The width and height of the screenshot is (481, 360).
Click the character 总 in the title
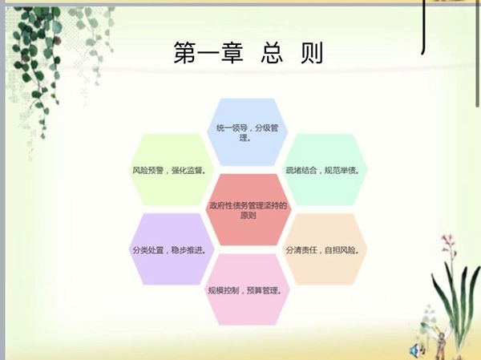pos(272,53)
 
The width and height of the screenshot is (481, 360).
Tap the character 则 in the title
pos(312,53)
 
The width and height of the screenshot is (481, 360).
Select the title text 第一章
pos(208,53)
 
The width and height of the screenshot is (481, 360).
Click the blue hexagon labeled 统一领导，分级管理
pos(247,132)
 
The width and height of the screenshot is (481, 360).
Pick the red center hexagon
pos(249,210)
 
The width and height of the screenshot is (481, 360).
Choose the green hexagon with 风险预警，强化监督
pos(170,170)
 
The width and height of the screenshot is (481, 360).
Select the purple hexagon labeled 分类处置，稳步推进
pos(171,249)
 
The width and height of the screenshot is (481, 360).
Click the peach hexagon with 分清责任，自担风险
pos(324,249)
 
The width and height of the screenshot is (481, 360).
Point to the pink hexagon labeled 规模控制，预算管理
pos(247,289)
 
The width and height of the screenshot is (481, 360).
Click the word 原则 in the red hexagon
pos(249,216)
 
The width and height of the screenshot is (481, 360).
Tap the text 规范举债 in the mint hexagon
pos(342,170)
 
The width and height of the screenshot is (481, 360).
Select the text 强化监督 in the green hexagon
pos(188,170)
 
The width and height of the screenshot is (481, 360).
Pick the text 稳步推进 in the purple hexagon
pos(188,250)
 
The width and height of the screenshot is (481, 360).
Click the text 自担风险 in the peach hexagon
pos(342,250)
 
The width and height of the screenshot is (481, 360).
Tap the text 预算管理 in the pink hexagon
pos(264,290)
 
